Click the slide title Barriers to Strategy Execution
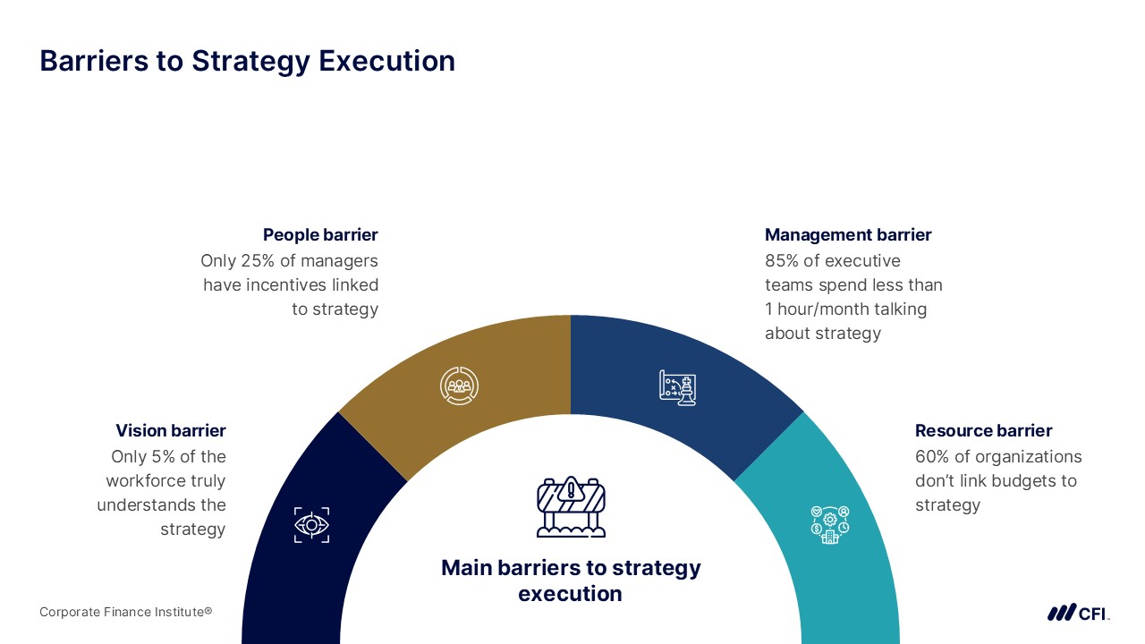248,62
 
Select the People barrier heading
320,234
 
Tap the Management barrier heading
848,234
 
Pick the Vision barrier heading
171,430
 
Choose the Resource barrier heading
983,430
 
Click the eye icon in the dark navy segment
312,525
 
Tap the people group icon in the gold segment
460,386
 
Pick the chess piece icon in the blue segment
678,388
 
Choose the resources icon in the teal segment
830,525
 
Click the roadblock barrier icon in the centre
571,506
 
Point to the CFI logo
1078,613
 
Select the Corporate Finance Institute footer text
126,612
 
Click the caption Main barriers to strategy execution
571,580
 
